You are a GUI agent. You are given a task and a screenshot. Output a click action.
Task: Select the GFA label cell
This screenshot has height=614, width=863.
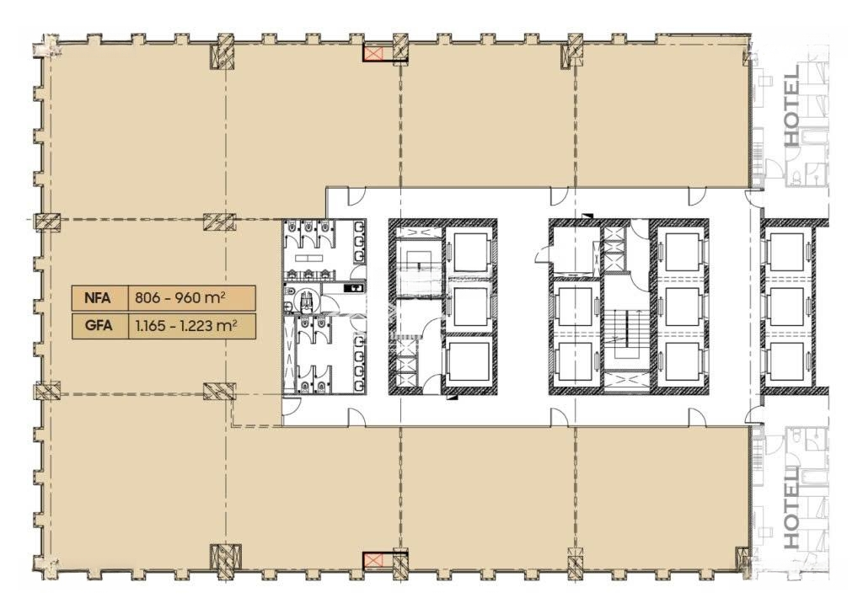(99, 326)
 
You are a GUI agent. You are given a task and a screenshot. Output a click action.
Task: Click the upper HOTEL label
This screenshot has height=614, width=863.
(791, 106)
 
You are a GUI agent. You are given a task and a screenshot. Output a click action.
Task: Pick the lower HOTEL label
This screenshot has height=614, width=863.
(791, 508)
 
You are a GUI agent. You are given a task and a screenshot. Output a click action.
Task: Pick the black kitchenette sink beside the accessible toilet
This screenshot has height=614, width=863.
(354, 288)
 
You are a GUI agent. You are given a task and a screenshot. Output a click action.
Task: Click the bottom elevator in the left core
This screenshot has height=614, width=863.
(469, 362)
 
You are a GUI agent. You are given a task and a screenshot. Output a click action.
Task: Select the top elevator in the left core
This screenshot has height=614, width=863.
(469, 252)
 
